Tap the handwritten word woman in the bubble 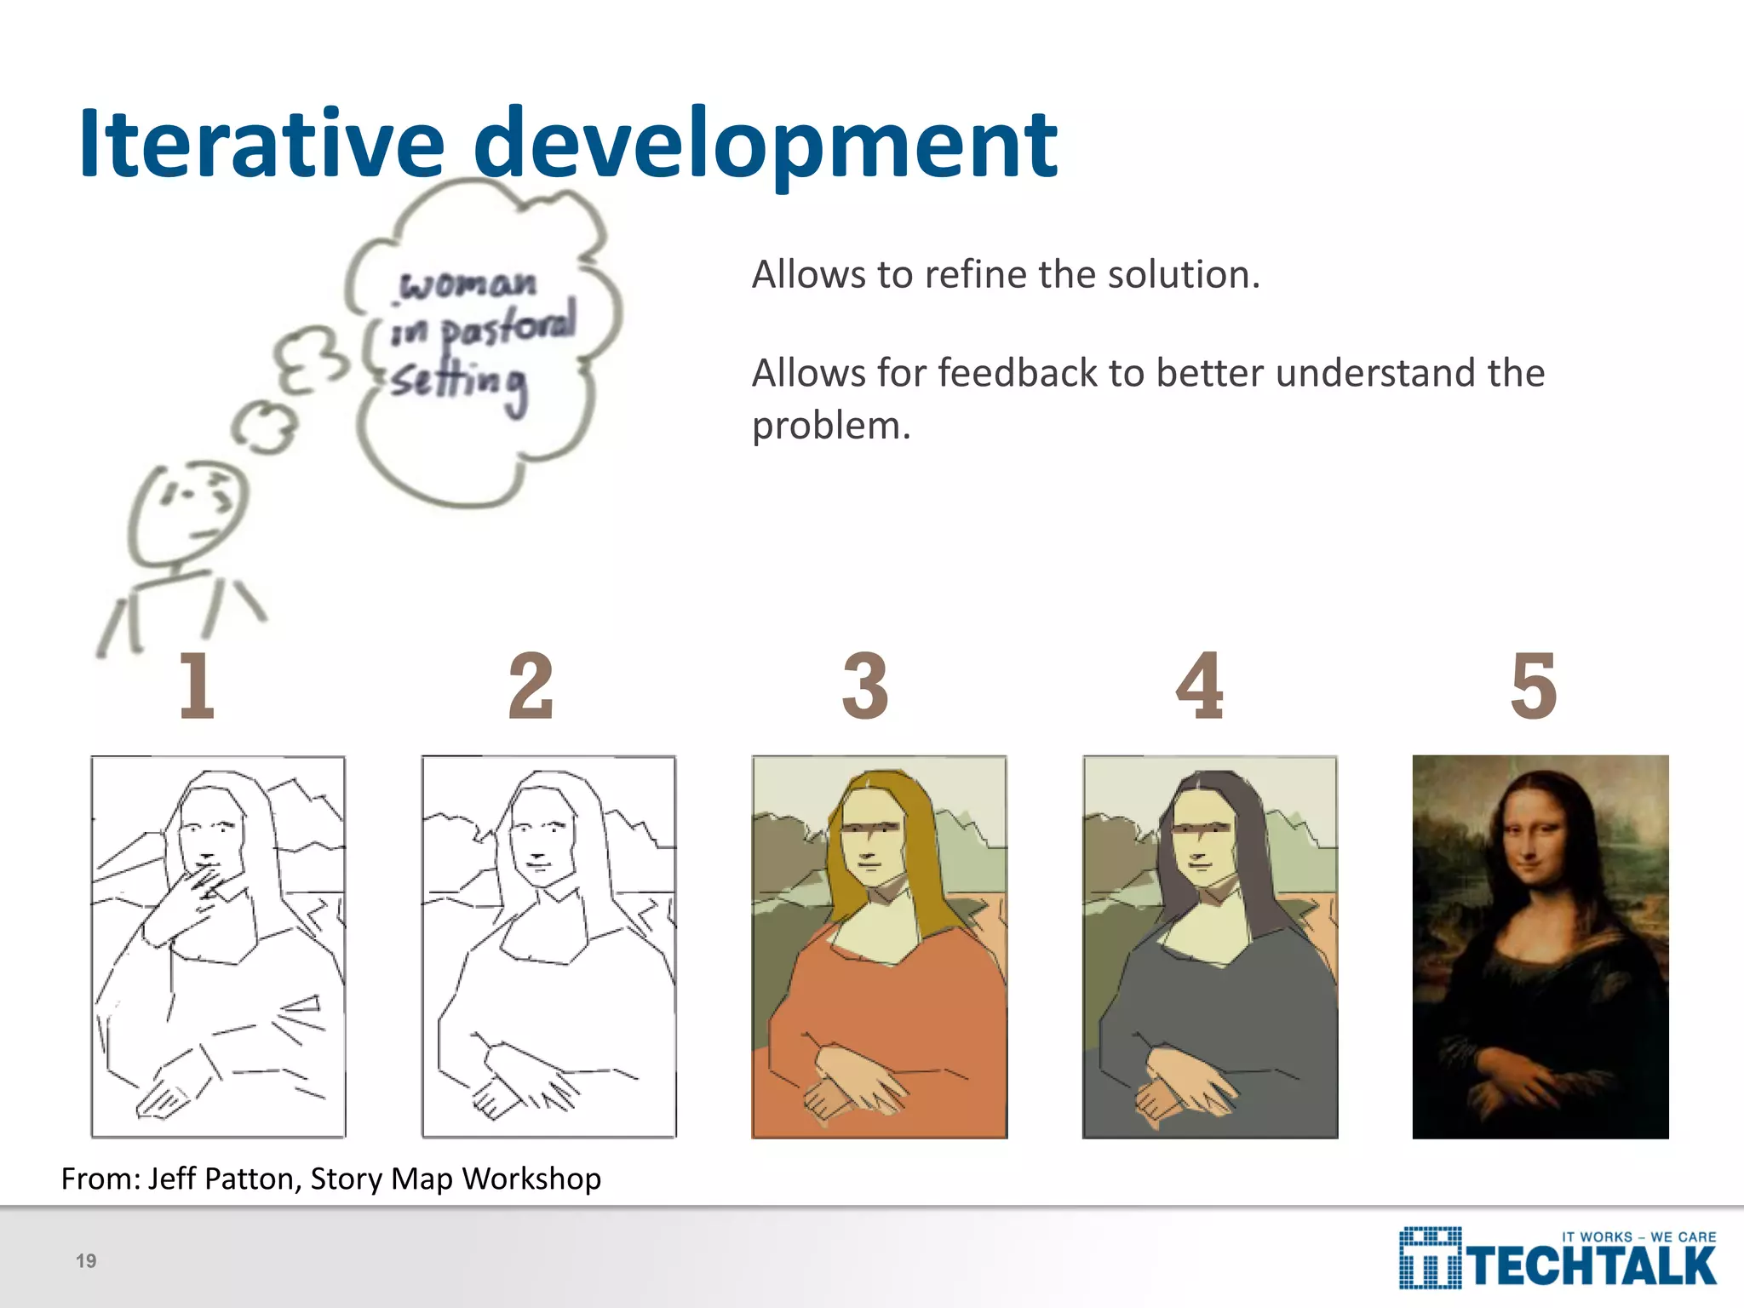(x=468, y=284)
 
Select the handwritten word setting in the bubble (x=460, y=383)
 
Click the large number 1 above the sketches (x=197, y=686)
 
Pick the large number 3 (x=864, y=686)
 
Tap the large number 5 (x=1533, y=686)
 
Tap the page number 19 (x=86, y=1261)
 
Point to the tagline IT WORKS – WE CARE (x=1638, y=1236)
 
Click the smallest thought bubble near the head (x=264, y=427)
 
